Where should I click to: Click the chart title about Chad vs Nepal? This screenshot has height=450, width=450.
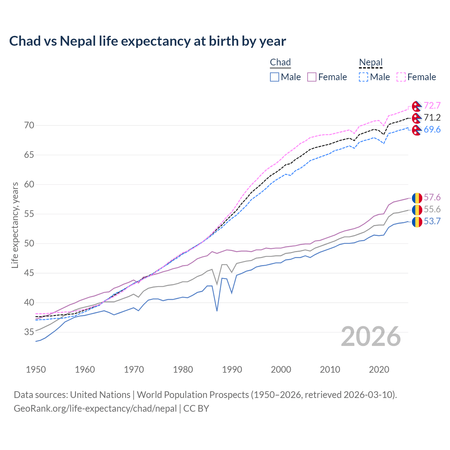tap(147, 41)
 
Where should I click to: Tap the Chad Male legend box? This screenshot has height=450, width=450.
tap(275, 77)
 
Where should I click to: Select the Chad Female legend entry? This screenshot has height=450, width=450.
tap(327, 77)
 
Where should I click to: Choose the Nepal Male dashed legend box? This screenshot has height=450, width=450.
tap(364, 77)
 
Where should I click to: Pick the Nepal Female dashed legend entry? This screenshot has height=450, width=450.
tap(416, 77)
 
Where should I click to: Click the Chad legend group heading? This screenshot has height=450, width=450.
tap(280, 63)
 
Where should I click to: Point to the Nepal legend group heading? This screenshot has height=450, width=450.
tap(371, 63)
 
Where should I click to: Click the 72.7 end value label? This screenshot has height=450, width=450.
tap(432, 106)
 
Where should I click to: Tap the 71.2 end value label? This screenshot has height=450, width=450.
tap(432, 118)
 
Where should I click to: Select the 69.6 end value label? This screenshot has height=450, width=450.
tap(432, 130)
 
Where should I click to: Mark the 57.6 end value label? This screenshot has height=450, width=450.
tap(432, 198)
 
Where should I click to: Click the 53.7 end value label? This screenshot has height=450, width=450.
tap(432, 221)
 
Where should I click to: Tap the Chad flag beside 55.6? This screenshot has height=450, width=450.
tap(417, 210)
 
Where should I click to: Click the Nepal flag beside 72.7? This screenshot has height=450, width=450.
tap(417, 106)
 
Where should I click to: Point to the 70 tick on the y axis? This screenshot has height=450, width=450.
tap(29, 126)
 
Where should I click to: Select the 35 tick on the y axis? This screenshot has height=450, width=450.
tap(29, 332)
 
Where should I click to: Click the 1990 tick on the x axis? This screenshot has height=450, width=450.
tap(232, 369)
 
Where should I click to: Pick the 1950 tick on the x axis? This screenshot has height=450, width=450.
tap(36, 369)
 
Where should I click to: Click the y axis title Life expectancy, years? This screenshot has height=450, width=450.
tap(15, 225)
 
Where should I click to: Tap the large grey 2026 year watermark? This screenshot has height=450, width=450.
tap(371, 336)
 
